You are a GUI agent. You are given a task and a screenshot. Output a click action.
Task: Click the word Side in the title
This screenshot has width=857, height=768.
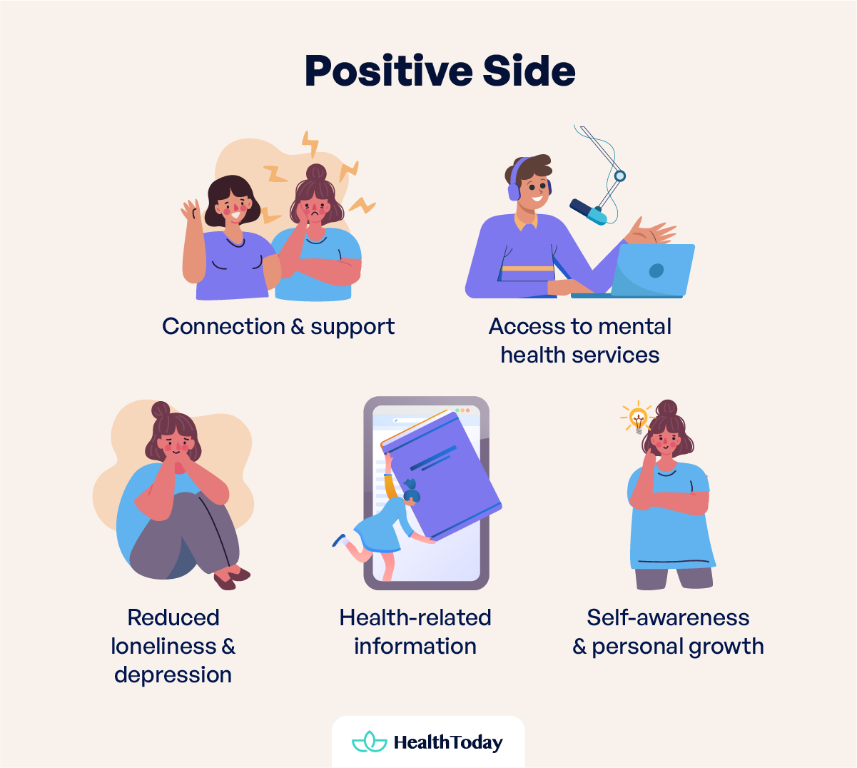click(x=529, y=71)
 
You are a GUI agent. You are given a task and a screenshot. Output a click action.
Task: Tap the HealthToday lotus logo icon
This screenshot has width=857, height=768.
click(x=369, y=742)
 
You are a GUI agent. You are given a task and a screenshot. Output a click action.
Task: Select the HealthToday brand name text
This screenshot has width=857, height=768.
click(x=448, y=742)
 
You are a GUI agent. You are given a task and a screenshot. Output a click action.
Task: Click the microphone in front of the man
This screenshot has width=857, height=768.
click(x=588, y=211)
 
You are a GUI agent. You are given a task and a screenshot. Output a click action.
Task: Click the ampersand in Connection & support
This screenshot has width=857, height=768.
click(x=298, y=327)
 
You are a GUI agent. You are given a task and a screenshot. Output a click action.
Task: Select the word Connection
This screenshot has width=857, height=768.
click(x=223, y=326)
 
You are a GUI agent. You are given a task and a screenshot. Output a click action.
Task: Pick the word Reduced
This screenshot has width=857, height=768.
click(x=173, y=617)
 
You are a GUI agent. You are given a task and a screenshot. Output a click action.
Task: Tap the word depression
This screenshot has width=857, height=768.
click(x=173, y=674)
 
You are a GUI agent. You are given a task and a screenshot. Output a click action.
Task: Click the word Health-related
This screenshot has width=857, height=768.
click(x=415, y=617)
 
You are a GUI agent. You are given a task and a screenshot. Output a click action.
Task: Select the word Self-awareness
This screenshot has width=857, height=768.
click(x=668, y=617)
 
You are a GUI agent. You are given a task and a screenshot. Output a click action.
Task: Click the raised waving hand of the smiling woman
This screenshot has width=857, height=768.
click(x=191, y=211)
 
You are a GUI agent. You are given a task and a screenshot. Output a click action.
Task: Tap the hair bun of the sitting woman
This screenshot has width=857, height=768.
click(x=161, y=410)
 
